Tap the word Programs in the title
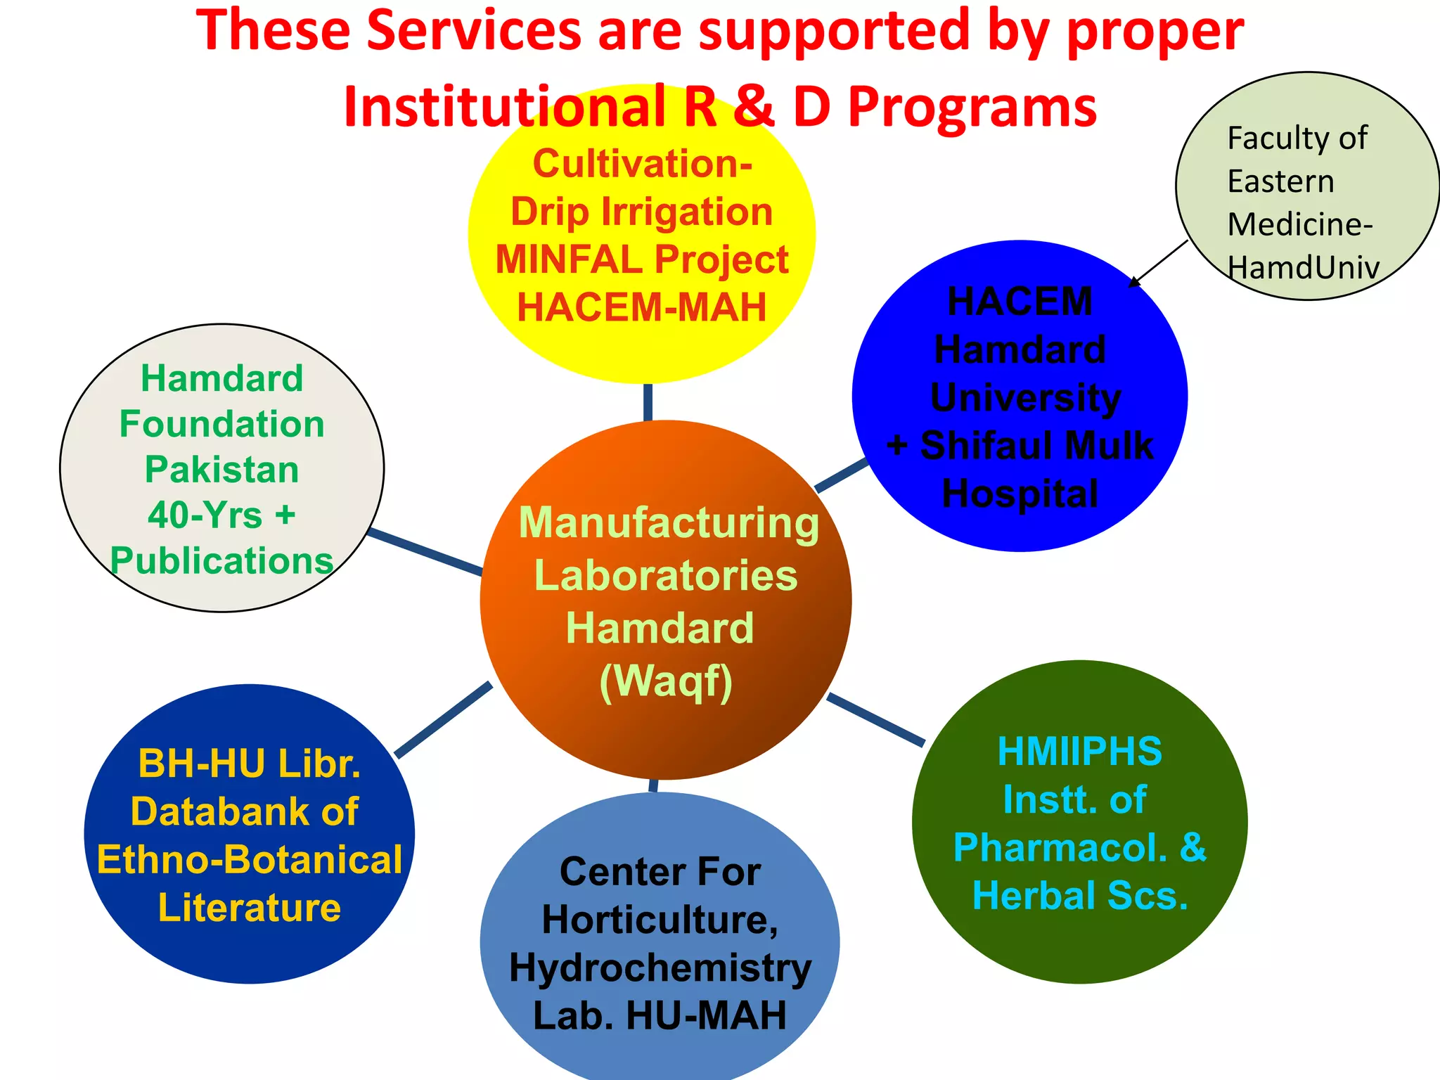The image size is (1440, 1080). pos(972,107)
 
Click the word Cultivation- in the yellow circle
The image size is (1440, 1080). pos(643,164)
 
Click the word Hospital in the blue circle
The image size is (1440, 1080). pos(1020,494)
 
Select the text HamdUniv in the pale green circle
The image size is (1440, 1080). pos(1303,268)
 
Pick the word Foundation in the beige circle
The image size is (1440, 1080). pos(222,424)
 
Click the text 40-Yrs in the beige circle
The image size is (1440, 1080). pos(205,515)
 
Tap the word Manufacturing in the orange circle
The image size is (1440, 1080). pos(669,524)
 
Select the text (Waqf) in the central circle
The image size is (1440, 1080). pos(666,681)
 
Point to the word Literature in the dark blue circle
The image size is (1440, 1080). pos(250,908)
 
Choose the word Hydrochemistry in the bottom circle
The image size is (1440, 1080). pos(660,968)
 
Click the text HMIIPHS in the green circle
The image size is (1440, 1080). pos(1080,752)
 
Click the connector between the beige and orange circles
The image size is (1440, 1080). pos(425,552)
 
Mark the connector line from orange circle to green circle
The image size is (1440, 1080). pos(875,719)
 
